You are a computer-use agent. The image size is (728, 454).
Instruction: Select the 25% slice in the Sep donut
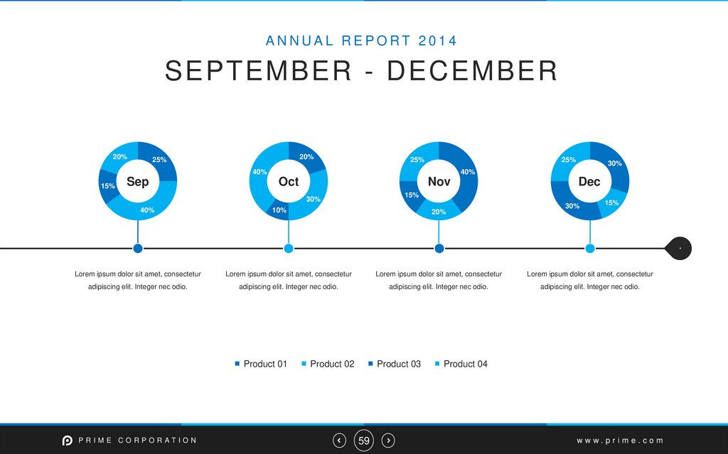pos(160,161)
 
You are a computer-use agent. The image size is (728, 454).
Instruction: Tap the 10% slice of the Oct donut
pos(279,210)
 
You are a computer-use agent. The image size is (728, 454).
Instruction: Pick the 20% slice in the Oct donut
pos(306,158)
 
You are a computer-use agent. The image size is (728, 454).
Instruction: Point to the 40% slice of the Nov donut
pos(466,173)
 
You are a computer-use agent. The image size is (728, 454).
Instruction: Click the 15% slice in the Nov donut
pos(411,195)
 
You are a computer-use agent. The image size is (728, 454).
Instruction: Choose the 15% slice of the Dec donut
pos(611,202)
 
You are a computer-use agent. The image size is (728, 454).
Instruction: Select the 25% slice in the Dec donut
pos(569,161)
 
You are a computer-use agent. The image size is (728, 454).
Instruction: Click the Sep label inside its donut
pos(138,182)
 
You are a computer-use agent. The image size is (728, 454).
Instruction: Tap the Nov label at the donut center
pos(439,182)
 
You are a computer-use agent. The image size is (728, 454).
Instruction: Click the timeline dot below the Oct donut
pos(289,248)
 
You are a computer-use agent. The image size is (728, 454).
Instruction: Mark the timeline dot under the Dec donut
pos(590,248)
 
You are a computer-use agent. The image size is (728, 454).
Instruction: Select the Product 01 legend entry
pos(261,364)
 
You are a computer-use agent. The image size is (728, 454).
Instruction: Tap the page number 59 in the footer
pos(364,441)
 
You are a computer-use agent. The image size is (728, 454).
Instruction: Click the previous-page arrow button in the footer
pos(340,441)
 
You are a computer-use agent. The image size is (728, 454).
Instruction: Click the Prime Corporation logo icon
pos(68,441)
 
